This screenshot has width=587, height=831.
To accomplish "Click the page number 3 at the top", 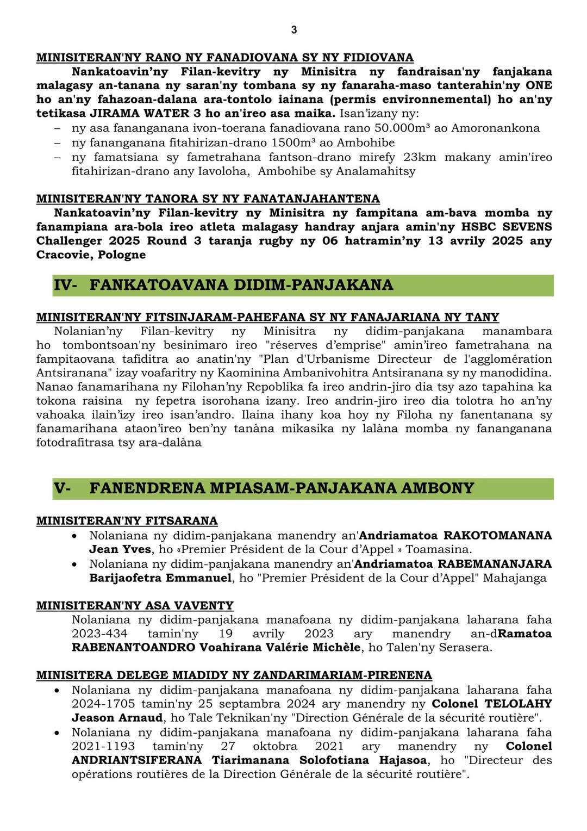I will click(294, 30).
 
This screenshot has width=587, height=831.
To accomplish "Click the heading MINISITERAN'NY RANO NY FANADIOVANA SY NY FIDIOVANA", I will click(224, 58).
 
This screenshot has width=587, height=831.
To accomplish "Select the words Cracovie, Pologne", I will click(91, 255).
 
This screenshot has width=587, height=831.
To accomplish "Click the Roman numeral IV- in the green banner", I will click(65, 285).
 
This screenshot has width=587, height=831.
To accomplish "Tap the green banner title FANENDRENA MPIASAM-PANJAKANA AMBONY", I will click(282, 488).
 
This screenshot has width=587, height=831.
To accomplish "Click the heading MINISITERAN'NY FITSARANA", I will click(127, 521).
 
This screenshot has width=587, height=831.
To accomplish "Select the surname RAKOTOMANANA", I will click(498, 535).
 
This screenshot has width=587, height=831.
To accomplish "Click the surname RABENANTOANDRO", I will click(133, 648).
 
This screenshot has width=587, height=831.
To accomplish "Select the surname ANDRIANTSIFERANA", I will click(136, 760).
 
